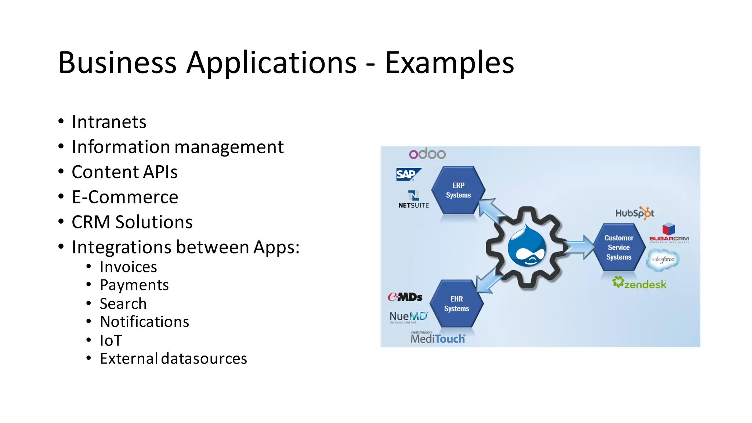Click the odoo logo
click(427, 154)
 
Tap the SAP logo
click(408, 174)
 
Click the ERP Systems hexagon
click(458, 190)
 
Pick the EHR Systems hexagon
click(456, 304)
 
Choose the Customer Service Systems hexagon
click(619, 247)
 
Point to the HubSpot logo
click(634, 213)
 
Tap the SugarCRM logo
click(669, 233)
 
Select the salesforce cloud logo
click(663, 260)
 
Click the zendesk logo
click(639, 283)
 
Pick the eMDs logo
click(405, 297)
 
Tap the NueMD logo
click(408, 317)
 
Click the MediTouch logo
click(438, 338)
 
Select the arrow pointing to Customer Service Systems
click(579, 247)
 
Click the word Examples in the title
click(449, 63)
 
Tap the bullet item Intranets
click(109, 122)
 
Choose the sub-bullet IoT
click(111, 340)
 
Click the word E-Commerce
click(125, 197)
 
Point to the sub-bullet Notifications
click(144, 322)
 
